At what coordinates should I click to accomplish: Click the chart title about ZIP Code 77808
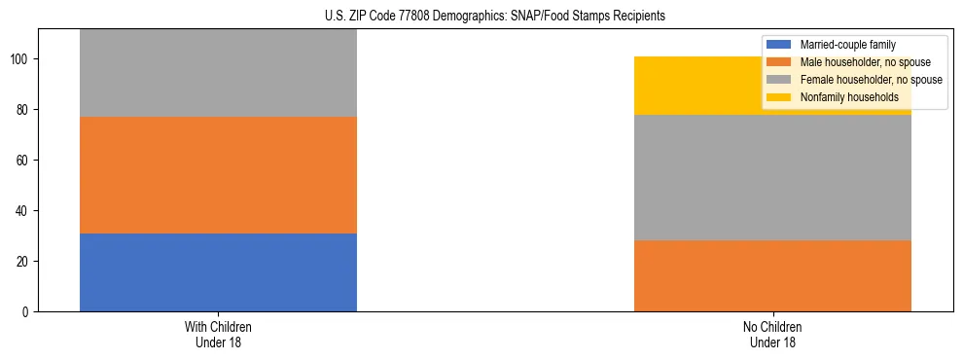tap(481, 17)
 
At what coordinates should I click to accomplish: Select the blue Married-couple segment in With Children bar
tap(218, 272)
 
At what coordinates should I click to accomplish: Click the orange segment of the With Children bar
tap(218, 175)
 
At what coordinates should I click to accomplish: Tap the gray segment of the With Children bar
tap(218, 74)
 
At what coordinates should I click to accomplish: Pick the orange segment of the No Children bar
tap(772, 276)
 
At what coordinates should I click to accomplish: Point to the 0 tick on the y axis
tap(27, 312)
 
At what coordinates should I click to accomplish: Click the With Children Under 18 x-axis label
tap(218, 334)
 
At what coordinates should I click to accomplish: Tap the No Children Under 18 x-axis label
tap(772, 334)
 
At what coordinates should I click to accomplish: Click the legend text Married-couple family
tap(847, 45)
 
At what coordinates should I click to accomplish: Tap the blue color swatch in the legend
tap(779, 45)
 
